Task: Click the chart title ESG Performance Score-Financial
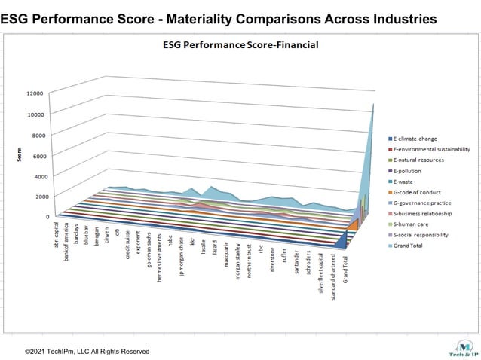(240, 45)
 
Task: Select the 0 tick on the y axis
(46, 217)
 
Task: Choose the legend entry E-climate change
(422, 139)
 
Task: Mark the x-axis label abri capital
(57, 236)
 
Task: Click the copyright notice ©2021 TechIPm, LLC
(87, 351)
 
